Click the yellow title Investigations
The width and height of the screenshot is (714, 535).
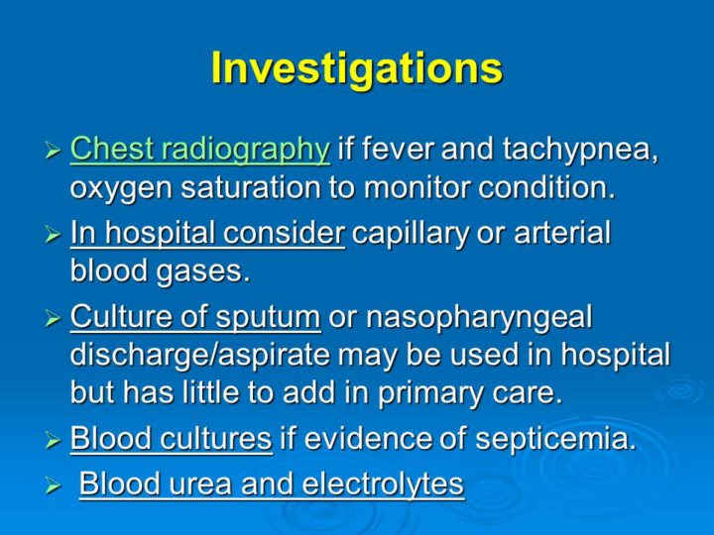[x=357, y=68]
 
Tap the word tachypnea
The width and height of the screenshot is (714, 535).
[x=580, y=151]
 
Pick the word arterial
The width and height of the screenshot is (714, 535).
[x=562, y=232]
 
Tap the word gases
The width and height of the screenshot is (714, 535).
[x=203, y=272]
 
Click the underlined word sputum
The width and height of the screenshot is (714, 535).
[x=268, y=318]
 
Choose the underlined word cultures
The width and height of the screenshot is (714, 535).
[x=216, y=438]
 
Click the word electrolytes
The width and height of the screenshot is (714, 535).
[x=383, y=483]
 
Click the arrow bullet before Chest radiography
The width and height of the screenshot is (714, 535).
[x=53, y=151]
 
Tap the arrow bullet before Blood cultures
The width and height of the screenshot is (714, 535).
[x=53, y=440]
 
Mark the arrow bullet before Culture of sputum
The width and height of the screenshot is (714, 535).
[x=53, y=318]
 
